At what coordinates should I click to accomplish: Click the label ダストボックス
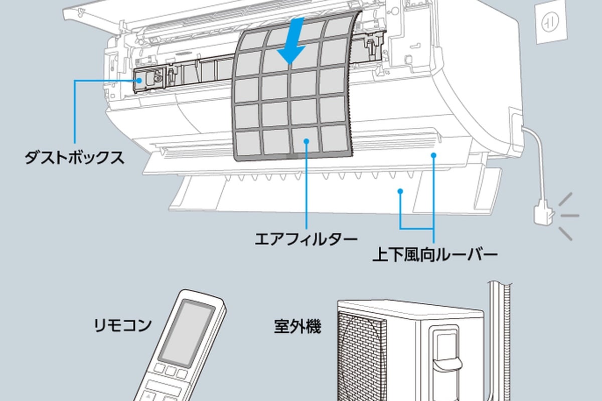[x=74, y=158]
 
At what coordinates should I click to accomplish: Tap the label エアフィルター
[x=306, y=239]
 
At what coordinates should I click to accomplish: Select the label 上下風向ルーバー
[x=435, y=255]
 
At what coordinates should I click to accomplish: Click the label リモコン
[x=122, y=325]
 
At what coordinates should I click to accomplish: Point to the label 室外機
[x=297, y=326]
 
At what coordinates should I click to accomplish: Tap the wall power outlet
[x=551, y=24]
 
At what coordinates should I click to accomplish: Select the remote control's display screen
[x=187, y=332]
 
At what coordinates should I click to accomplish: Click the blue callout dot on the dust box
[x=139, y=80]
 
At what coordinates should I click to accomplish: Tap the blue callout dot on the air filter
[x=306, y=141]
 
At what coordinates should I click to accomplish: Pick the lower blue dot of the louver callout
[x=400, y=191]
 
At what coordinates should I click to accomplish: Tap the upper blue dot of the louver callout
[x=433, y=155]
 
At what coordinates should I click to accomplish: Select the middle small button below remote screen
[x=171, y=371]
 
